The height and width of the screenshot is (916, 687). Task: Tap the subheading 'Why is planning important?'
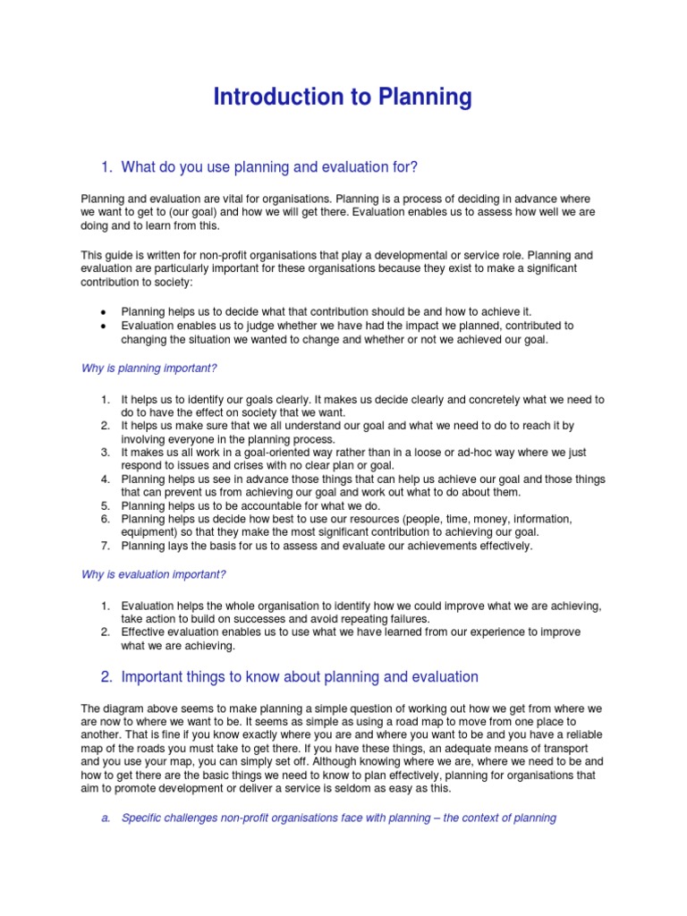[149, 368]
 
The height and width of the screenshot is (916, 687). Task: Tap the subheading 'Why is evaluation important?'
[153, 573]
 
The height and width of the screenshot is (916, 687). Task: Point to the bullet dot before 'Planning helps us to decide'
[104, 312]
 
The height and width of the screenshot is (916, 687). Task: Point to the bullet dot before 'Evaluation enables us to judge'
[104, 327]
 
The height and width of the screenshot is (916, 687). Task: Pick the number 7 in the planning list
[105, 546]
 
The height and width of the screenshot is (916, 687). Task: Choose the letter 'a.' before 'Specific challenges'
[105, 818]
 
